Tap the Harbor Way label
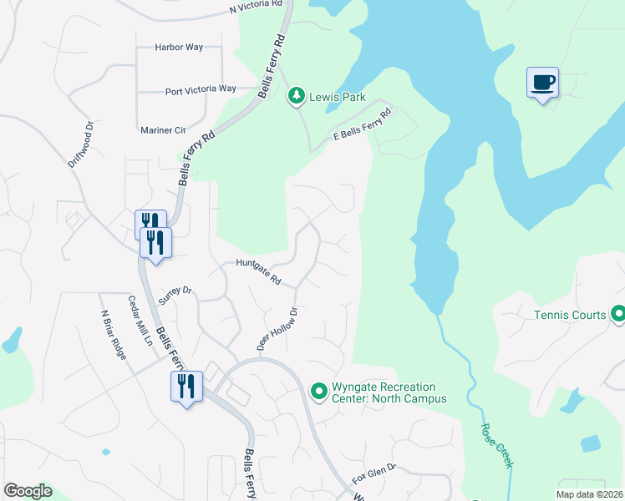tap(179, 48)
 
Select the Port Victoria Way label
tap(201, 89)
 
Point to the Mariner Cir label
tap(163, 130)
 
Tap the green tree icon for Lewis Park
tap(296, 97)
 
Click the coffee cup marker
tap(542, 83)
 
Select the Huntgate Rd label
tap(258, 272)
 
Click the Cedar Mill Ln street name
tap(140, 321)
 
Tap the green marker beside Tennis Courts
tap(618, 315)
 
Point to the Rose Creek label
tap(496, 443)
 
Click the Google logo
tap(28, 491)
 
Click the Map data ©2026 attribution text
tap(589, 493)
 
